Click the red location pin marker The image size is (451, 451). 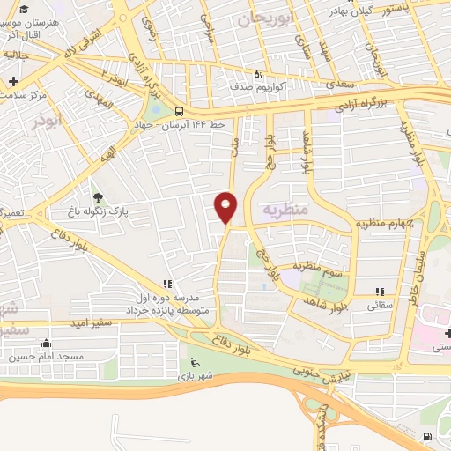pos(226,206)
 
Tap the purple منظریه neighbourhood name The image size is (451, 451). pos(284,210)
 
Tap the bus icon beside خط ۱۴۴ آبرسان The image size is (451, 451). pos(179,112)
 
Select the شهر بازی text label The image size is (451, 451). pos(195,377)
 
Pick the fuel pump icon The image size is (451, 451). pos(427,437)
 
